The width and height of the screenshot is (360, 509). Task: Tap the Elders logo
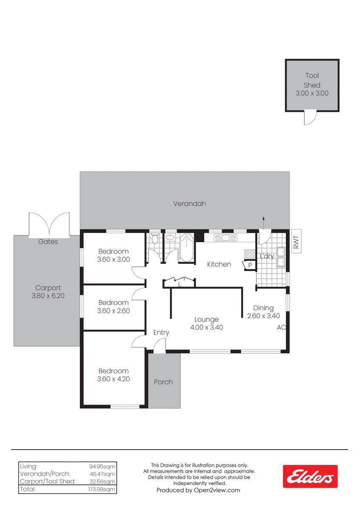coord(310,476)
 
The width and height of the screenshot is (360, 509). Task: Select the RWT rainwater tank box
coord(296,241)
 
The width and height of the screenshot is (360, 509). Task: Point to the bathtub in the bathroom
coord(187,248)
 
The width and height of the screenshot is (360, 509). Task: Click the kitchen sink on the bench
coord(225,238)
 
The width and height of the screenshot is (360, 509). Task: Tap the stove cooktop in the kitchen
coord(250,254)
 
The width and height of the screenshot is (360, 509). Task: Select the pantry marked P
coord(249,265)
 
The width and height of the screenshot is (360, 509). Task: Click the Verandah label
coord(189,204)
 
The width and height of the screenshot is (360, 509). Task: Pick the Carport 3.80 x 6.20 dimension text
coord(48,296)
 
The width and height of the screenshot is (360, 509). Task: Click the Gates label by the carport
coord(48,241)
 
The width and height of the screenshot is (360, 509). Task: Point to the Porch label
coord(163,382)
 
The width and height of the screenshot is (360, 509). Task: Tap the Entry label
coord(161,333)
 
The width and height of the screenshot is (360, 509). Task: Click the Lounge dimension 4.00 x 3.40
coord(206,327)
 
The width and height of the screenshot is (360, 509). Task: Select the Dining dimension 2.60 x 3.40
coord(263,316)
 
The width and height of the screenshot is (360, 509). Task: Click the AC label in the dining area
coord(281,327)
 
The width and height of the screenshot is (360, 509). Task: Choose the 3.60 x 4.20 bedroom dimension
coord(113,379)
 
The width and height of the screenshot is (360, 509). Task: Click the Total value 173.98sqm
coord(101,489)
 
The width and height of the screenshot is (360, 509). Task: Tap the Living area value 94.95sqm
coord(102,467)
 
